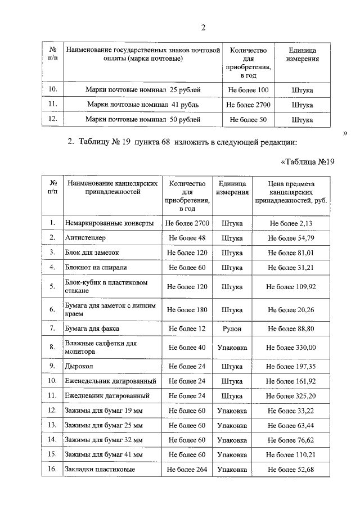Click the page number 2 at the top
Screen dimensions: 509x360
tap(203, 28)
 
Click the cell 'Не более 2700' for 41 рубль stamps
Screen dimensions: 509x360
tap(248, 105)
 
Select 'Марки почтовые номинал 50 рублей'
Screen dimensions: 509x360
tap(143, 120)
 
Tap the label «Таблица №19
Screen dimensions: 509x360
tap(307, 163)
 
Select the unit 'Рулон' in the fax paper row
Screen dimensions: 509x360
tap(232, 328)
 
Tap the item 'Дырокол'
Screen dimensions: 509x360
tap(78, 367)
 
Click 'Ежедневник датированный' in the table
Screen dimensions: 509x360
tap(99, 396)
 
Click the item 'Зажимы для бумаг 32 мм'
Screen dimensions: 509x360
tap(100, 440)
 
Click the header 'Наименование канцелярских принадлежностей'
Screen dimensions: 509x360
tap(111, 187)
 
